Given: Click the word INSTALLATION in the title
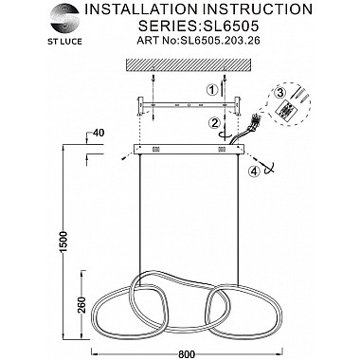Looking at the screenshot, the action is (x=141, y=9).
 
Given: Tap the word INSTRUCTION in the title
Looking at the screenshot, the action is (x=258, y=9).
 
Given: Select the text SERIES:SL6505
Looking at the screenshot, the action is (x=199, y=26).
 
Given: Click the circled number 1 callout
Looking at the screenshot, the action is (x=212, y=90).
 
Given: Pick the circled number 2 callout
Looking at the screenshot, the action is (x=215, y=122).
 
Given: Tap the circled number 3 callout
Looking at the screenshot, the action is (x=279, y=94).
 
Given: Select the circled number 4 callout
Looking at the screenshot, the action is (x=254, y=171).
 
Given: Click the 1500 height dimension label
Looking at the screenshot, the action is (x=64, y=242).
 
